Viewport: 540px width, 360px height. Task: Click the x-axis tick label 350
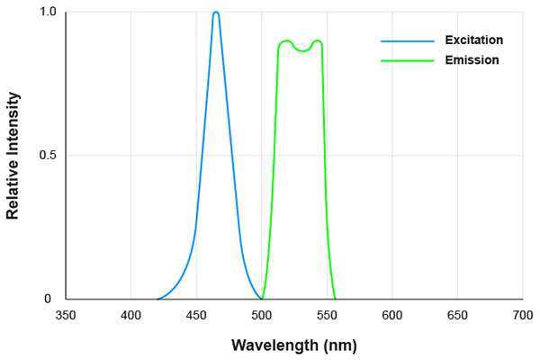coord(66,316)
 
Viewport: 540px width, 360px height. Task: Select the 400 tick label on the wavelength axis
coord(130,316)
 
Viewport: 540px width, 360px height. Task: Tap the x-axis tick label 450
coord(196,316)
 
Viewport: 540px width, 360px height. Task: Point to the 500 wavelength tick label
coord(262,316)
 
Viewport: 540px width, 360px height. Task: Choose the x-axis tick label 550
coord(327,316)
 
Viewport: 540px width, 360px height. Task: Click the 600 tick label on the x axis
coord(391,316)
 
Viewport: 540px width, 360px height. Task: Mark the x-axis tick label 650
coord(457,316)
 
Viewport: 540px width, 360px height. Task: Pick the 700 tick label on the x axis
coord(522,316)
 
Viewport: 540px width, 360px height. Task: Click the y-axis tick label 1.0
coord(47,13)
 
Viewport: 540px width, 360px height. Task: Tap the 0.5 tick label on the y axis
coord(47,156)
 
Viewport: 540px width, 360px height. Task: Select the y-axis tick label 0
coord(51,299)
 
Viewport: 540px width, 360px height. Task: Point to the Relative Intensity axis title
coord(13,156)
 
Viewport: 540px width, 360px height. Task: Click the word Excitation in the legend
coord(473,40)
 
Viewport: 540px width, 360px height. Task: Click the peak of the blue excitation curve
coord(216,13)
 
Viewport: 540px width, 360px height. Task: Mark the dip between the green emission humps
coord(302,50)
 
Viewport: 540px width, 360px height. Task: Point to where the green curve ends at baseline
coord(335,299)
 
